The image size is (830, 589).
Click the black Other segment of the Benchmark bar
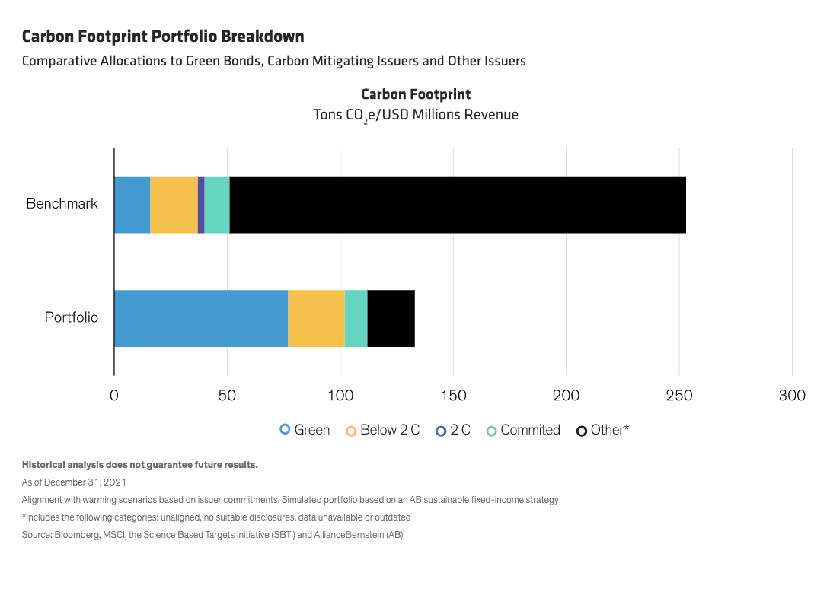tap(457, 205)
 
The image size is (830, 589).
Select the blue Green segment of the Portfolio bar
tap(201, 318)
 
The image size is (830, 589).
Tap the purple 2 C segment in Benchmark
tap(201, 205)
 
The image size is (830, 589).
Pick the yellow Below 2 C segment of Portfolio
tap(316, 318)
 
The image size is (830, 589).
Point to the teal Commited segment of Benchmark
tap(217, 205)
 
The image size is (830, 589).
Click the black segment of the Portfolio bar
tap(391, 318)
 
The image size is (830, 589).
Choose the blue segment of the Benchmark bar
tap(132, 205)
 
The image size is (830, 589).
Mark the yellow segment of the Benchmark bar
tap(174, 205)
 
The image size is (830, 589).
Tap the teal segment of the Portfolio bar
tap(356, 318)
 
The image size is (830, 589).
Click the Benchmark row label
tap(62, 204)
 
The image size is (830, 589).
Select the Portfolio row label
tap(72, 317)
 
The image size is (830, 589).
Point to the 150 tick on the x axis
tap(454, 396)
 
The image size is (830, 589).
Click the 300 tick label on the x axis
tap(793, 396)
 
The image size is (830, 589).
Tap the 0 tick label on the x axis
tap(114, 396)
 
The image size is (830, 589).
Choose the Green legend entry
tap(305, 430)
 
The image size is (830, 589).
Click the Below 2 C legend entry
tap(382, 430)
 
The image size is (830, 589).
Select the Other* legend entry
tap(603, 430)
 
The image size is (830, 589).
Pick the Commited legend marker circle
tap(491, 431)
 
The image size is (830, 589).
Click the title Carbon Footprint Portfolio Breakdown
tap(163, 36)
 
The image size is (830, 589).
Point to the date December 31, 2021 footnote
tap(74, 482)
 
